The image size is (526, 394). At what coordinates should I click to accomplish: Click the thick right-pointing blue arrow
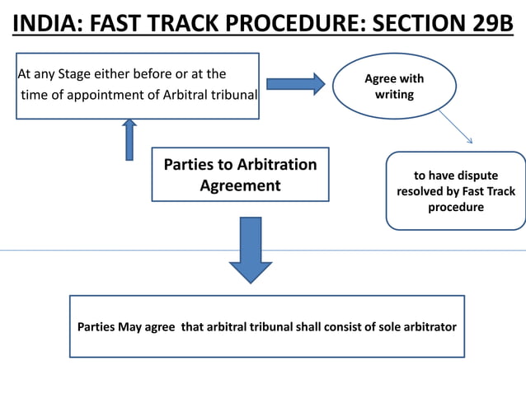tap(295, 83)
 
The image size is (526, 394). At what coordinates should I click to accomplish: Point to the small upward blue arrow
tap(129, 139)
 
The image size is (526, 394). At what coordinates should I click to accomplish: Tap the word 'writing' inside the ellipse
tap(394, 95)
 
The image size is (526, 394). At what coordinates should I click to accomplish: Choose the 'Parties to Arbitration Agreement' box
tap(240, 174)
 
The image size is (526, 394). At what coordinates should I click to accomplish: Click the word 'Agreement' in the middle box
tap(240, 185)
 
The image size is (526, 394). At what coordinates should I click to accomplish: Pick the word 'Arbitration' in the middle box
tap(276, 164)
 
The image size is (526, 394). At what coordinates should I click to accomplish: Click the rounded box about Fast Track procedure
tap(455, 190)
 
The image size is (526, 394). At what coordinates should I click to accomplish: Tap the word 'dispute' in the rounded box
tap(478, 176)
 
